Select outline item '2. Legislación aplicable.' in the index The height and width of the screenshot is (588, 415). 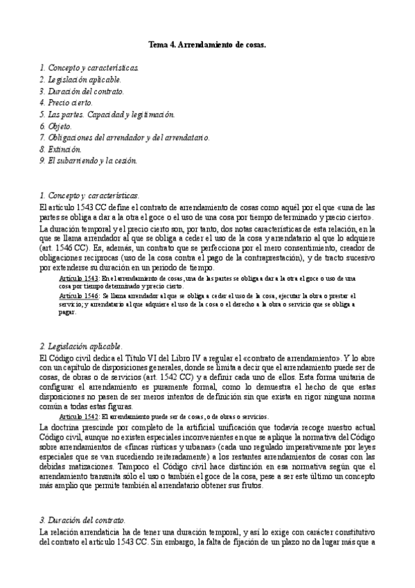(x=80, y=80)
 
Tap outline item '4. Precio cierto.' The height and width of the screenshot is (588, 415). (x=66, y=103)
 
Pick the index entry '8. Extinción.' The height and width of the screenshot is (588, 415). (x=60, y=149)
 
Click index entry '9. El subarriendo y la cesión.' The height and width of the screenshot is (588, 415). (x=89, y=161)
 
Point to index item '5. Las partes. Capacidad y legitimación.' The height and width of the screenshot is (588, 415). (x=107, y=114)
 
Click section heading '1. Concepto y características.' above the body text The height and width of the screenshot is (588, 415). (x=89, y=196)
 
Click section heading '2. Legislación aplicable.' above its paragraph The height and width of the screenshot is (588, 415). (x=80, y=345)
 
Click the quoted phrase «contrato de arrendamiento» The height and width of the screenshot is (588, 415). (x=288, y=357)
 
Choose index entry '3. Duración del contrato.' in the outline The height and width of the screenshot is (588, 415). (x=81, y=92)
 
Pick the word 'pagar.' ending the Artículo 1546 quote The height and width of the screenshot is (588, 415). (x=68, y=311)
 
